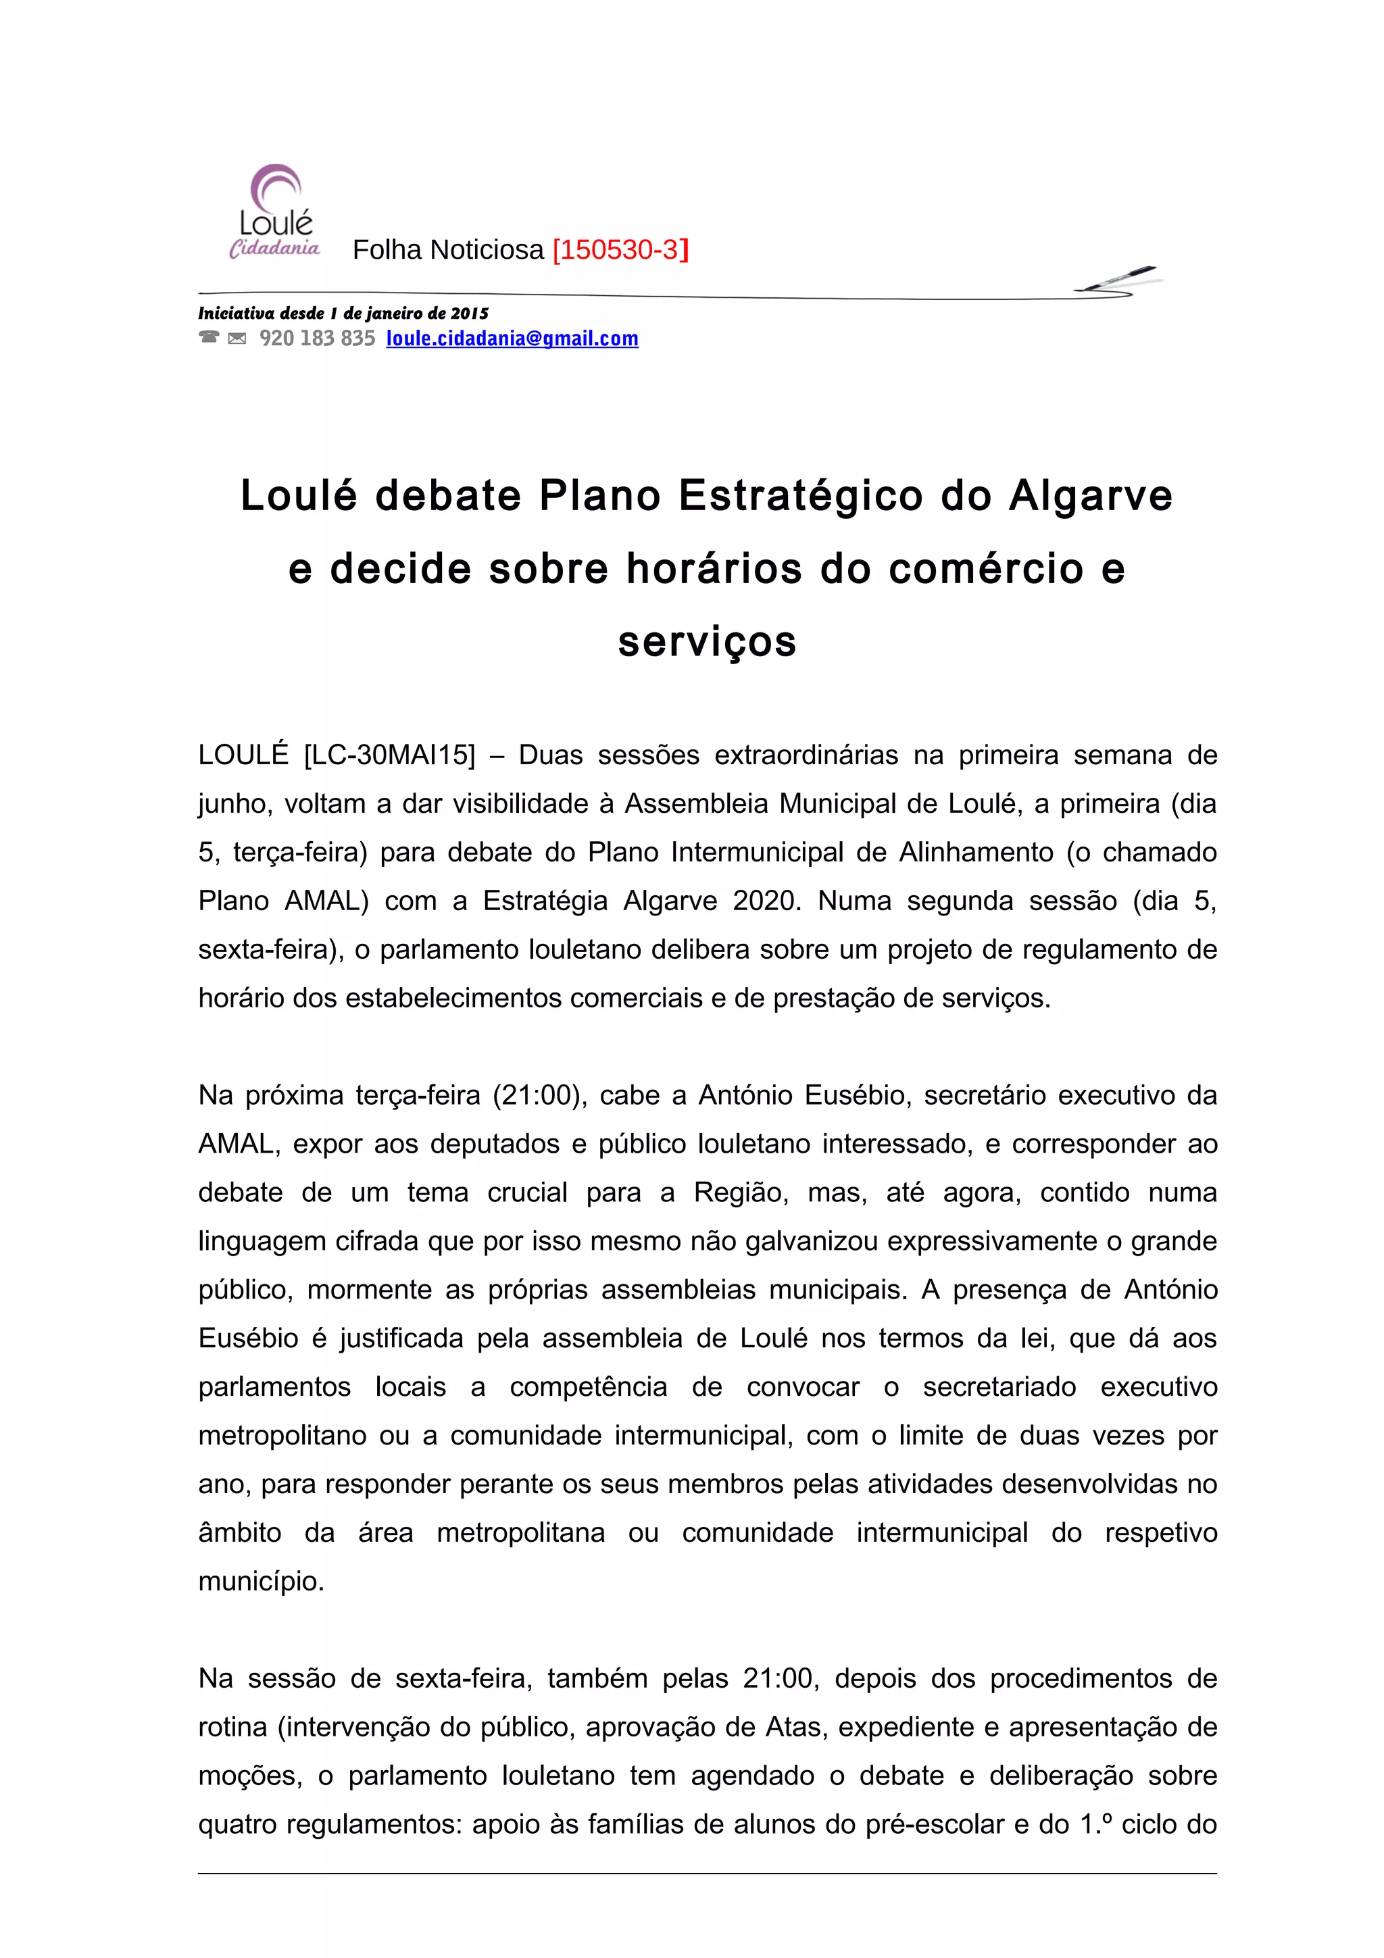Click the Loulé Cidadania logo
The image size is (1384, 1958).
274,211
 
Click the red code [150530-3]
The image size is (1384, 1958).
620,250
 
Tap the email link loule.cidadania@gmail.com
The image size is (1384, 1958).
512,338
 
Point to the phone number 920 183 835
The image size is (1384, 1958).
317,338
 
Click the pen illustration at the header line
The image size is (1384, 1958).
1118,280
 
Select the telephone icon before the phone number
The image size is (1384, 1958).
208,338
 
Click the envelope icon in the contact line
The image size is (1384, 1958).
237,338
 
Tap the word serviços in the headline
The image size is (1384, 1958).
707,641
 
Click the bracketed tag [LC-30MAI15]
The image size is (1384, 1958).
389,755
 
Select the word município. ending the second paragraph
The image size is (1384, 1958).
261,1581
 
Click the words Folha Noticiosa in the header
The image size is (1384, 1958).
447,250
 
